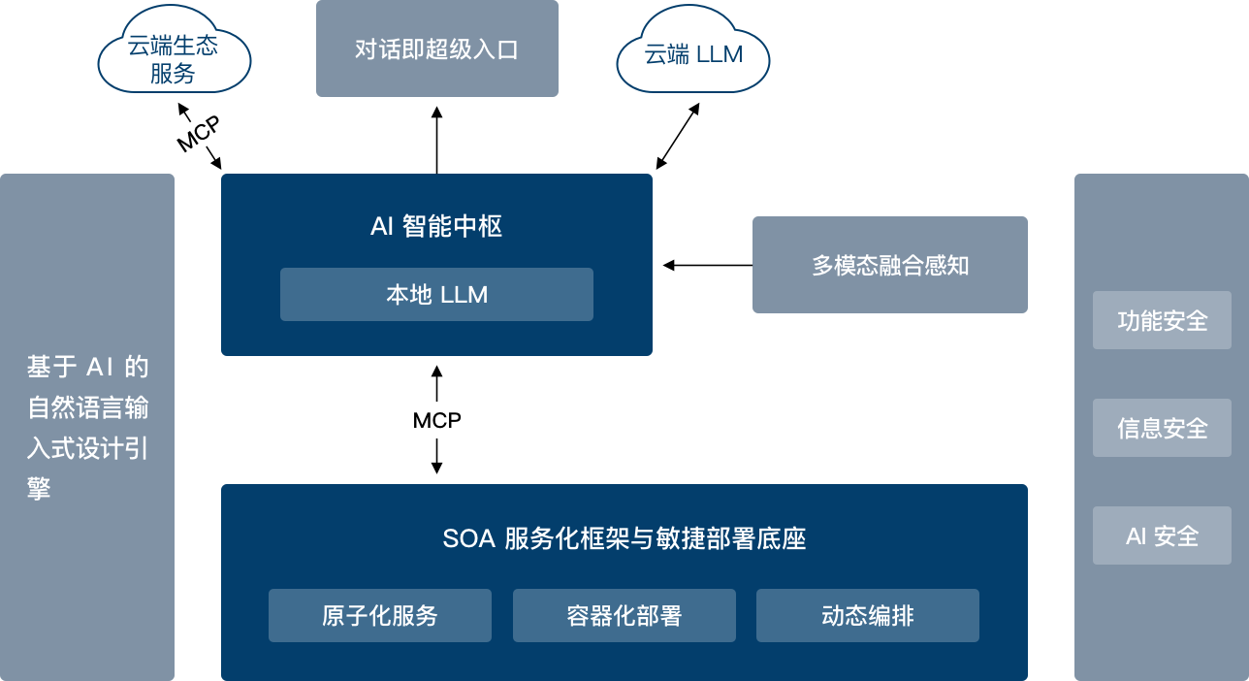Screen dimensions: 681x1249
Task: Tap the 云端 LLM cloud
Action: pyautogui.click(x=693, y=55)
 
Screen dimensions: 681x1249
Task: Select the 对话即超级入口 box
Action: pyautogui.click(x=436, y=49)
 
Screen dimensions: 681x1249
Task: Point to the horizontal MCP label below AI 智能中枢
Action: pyautogui.click(x=436, y=421)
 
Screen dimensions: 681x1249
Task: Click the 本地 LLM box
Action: pyautogui.click(x=436, y=294)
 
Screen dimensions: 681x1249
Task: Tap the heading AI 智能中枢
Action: pyautogui.click(x=436, y=227)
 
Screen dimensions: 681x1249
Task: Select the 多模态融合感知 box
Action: pyautogui.click(x=889, y=265)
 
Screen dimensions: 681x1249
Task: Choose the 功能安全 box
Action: pyautogui.click(x=1162, y=320)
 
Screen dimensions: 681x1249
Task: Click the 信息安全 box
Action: pyautogui.click(x=1162, y=428)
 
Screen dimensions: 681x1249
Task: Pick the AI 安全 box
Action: pyautogui.click(x=1162, y=535)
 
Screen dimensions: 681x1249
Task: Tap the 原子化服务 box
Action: pyautogui.click(x=379, y=615)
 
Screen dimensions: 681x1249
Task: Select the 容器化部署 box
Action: pyautogui.click(x=624, y=615)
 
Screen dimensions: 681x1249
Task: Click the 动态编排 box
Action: pyautogui.click(x=867, y=615)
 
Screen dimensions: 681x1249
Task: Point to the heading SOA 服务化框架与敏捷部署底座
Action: pyautogui.click(x=624, y=538)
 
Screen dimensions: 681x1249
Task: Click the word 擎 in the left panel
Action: pyautogui.click(x=39, y=489)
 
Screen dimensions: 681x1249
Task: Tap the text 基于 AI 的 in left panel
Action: pyautogui.click(x=87, y=367)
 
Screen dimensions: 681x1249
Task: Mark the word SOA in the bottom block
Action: pyautogui.click(x=469, y=538)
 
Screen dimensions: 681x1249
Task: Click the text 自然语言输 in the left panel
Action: pyautogui.click(x=87, y=407)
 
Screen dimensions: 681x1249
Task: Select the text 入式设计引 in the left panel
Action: pyautogui.click(x=87, y=448)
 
